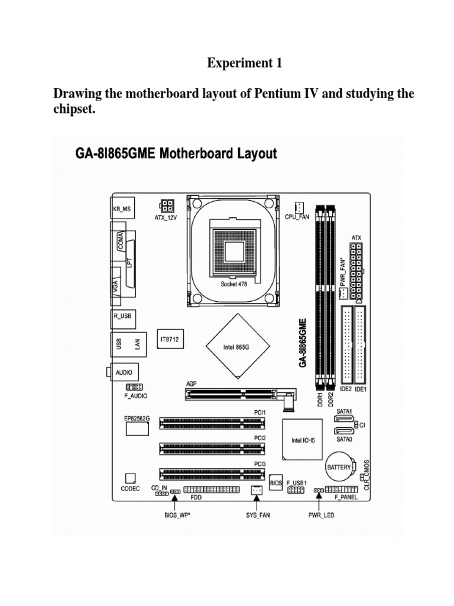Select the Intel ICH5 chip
coord(302,440)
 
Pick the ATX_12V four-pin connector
coord(166,206)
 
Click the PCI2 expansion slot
coord(212,448)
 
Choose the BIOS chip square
coord(276,482)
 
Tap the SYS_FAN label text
coord(257,515)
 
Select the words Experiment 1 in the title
coord(244,64)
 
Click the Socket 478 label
coord(234,284)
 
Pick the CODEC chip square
coord(130,478)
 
